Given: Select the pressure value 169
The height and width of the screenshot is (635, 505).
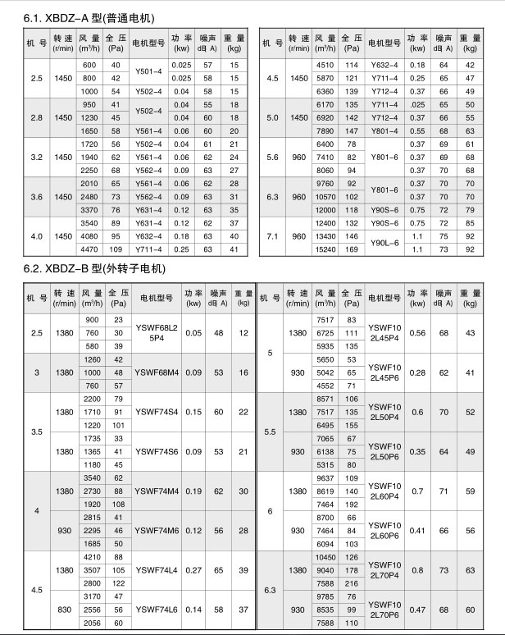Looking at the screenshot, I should [x=353, y=248].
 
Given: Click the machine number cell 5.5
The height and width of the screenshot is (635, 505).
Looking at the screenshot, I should [x=271, y=431].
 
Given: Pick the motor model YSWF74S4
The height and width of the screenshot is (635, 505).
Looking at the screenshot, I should [x=157, y=412].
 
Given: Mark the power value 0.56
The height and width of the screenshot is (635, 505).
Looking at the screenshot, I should [x=417, y=332].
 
